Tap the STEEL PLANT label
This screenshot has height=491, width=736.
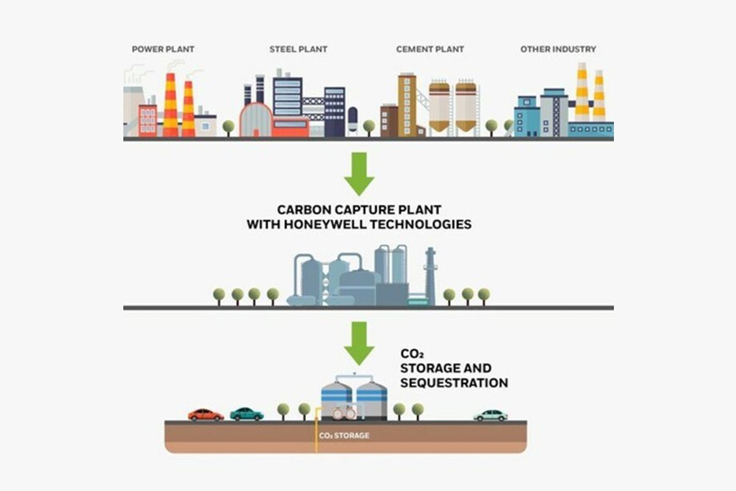pos(298,49)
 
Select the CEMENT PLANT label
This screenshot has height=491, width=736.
pos(430,49)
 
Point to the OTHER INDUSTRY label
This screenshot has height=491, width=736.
pos(558,49)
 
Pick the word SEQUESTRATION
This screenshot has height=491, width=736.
pos(454,383)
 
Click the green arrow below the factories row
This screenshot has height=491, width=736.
pos(359,173)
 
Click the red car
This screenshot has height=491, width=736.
pos(205,415)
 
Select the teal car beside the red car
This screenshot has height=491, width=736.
pos(247,414)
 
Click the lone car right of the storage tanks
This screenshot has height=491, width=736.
pos(491,416)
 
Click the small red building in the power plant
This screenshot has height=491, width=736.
pos(148,120)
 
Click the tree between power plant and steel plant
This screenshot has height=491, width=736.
pos(228,127)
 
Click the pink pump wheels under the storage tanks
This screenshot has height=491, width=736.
pos(343,414)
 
